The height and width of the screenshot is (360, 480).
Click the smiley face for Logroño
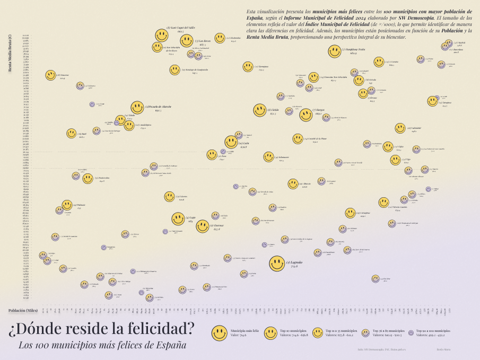[x=277, y=264]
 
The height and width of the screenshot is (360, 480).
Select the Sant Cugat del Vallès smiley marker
[x=162, y=36]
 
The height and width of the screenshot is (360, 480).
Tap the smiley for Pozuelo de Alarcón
[x=137, y=108]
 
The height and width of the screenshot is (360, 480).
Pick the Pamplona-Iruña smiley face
[x=335, y=51]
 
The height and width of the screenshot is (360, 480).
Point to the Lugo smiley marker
[x=178, y=219]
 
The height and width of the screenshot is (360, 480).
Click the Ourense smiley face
[x=203, y=226]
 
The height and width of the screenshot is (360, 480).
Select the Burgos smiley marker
[x=306, y=115]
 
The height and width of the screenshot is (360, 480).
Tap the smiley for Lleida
[x=260, y=110]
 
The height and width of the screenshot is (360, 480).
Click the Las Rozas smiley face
[x=187, y=40]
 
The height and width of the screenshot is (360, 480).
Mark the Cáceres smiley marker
[x=169, y=197]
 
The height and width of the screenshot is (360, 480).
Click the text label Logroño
[x=295, y=262]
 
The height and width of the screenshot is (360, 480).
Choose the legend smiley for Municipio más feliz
[x=220, y=333]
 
